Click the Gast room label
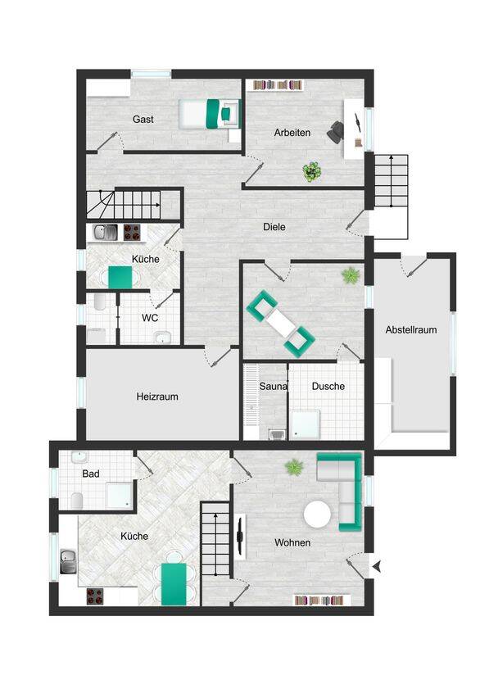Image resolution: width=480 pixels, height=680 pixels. coord(143,120)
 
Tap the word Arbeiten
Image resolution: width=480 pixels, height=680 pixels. coord(292,133)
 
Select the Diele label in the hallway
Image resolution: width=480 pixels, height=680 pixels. coord(274,227)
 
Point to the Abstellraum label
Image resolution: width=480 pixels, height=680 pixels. coord(411,330)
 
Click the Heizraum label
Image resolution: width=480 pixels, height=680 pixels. coord(157,397)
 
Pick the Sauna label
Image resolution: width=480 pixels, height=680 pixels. coord(273,386)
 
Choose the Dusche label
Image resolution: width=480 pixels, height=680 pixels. coord(328,386)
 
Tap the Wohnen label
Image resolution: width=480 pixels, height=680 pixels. coord(292,542)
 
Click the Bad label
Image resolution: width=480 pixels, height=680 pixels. coord(91,474)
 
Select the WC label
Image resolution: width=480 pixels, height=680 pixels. coord(150,318)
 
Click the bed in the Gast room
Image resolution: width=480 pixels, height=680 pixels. coord(210,114)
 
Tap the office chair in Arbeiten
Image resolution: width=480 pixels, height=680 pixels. coord(335,131)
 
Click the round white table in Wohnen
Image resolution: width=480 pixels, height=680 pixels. coord(317,515)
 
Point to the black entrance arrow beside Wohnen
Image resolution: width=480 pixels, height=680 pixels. coord(377,566)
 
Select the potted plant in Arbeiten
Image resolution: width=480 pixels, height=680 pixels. coord(312,172)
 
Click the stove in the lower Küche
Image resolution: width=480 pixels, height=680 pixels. coord(95,596)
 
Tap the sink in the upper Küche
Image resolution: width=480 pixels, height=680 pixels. coord(105,233)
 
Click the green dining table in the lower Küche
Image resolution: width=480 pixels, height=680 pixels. coord(174,584)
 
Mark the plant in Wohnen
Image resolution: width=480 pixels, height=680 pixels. coord(294,467)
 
